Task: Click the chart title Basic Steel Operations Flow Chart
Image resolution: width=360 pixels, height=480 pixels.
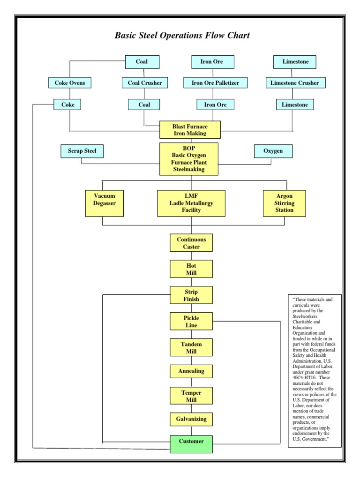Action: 182,36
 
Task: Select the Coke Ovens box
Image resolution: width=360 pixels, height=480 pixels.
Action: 70,83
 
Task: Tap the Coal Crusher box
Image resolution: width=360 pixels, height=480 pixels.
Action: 145,83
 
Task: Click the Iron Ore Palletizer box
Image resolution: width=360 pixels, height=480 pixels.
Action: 215,83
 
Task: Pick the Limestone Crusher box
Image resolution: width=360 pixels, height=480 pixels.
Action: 295,83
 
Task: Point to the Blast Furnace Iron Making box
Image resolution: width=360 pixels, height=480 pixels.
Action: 190,130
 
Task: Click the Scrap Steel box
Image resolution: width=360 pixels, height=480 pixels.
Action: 82,151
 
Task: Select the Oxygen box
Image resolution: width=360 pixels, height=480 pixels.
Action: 274,151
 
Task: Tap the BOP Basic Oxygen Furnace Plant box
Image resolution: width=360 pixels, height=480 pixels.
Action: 189,159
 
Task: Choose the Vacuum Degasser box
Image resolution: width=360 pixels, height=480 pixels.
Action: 105,203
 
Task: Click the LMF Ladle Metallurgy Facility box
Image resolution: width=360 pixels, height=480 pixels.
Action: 191,203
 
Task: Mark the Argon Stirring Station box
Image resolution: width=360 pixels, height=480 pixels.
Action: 285,203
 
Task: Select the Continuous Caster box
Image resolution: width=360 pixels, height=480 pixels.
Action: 191,243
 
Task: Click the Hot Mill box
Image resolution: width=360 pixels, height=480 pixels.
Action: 191,269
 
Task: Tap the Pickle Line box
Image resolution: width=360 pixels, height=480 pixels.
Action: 191,321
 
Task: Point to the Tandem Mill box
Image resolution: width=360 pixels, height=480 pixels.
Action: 191,347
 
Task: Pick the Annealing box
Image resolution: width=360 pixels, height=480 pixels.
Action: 191,371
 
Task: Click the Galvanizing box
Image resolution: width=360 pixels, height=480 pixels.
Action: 191,418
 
